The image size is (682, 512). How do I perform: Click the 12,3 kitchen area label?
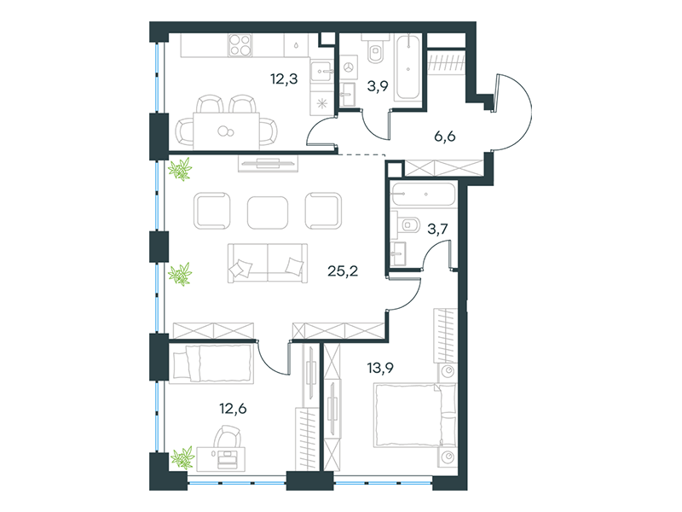coord(284,79)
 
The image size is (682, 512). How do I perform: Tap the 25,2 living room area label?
coord(343,271)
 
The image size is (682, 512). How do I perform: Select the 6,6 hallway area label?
coord(445,137)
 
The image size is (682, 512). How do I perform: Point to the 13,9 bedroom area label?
coord(380,369)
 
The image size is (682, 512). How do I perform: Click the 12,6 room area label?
coord(233,409)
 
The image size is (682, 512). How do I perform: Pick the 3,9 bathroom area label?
coord(378,86)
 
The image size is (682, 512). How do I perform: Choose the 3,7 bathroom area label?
coord(437,229)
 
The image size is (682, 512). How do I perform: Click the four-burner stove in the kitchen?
coord(240,45)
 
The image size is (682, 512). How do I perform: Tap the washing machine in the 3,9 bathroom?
coord(349,67)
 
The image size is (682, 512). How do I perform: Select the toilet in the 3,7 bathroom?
coord(408,225)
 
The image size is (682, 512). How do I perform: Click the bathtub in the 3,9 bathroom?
coord(408,68)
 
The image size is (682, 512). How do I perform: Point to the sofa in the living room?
coord(268,263)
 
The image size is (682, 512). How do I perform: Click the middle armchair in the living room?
coord(268,212)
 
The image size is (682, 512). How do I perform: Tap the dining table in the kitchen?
coord(226,131)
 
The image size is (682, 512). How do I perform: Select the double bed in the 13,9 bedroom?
coord(415,415)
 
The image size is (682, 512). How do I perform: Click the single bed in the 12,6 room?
coord(211,364)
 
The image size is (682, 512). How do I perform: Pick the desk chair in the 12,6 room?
coord(227,437)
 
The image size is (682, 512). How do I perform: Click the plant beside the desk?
coord(182,457)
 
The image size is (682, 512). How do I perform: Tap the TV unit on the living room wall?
coord(268,163)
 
